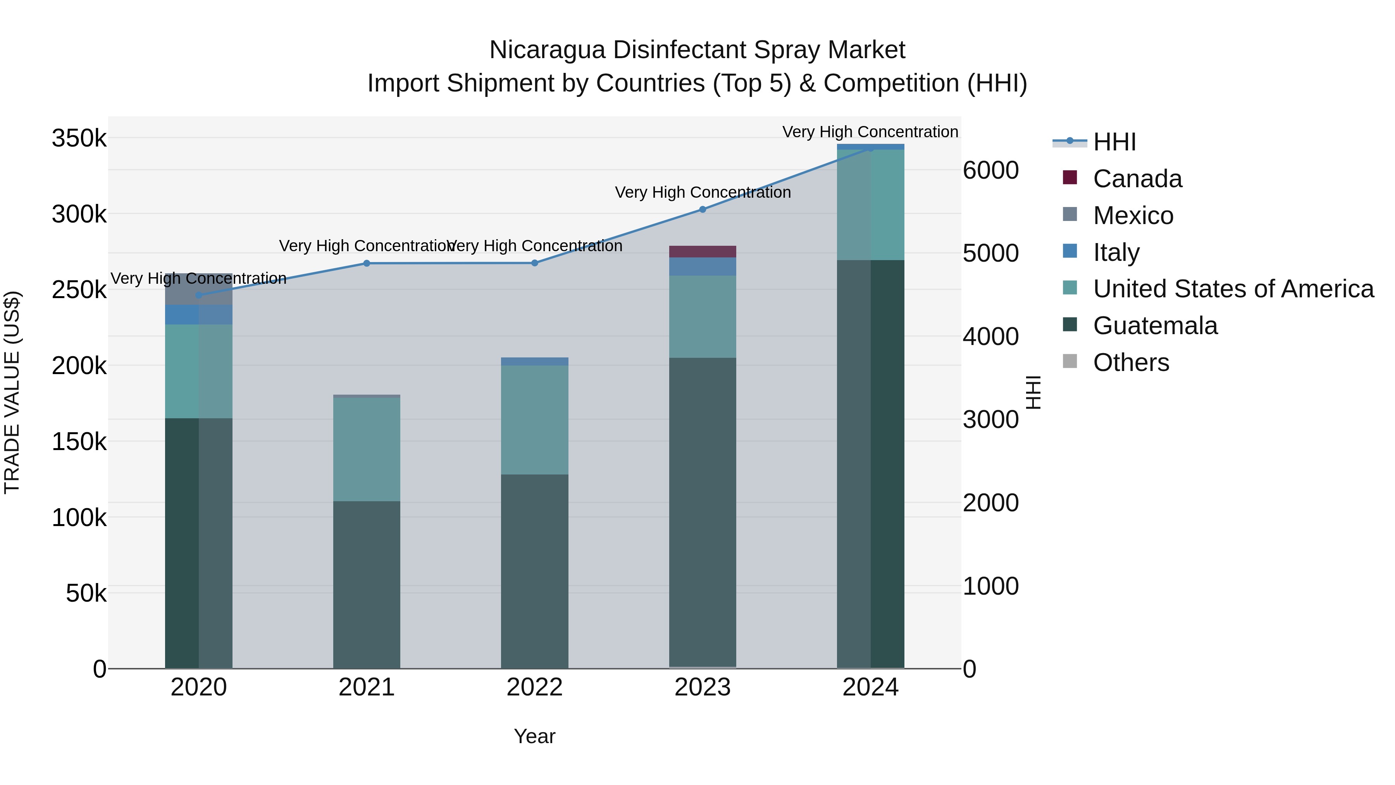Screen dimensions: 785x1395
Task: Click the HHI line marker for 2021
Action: coord(367,263)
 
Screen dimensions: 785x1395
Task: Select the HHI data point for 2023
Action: coord(703,209)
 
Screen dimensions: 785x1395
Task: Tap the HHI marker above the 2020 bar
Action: coord(199,295)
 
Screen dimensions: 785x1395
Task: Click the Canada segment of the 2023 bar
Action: coord(703,251)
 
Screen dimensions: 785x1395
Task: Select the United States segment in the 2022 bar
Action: coord(534,420)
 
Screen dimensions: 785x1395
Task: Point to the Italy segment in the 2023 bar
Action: coord(703,267)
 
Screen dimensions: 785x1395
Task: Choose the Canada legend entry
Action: coord(1137,179)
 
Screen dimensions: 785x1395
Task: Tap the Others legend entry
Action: coord(1131,362)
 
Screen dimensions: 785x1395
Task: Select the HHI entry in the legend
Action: coord(1114,142)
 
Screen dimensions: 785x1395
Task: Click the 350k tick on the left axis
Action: coord(79,138)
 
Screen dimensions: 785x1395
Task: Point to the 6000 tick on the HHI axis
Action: coord(990,170)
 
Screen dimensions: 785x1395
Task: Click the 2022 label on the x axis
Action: coord(534,687)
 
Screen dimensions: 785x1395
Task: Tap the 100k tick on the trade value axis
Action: coord(79,518)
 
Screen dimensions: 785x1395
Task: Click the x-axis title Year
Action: coord(534,736)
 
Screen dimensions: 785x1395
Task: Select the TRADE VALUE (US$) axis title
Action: coord(12,392)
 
